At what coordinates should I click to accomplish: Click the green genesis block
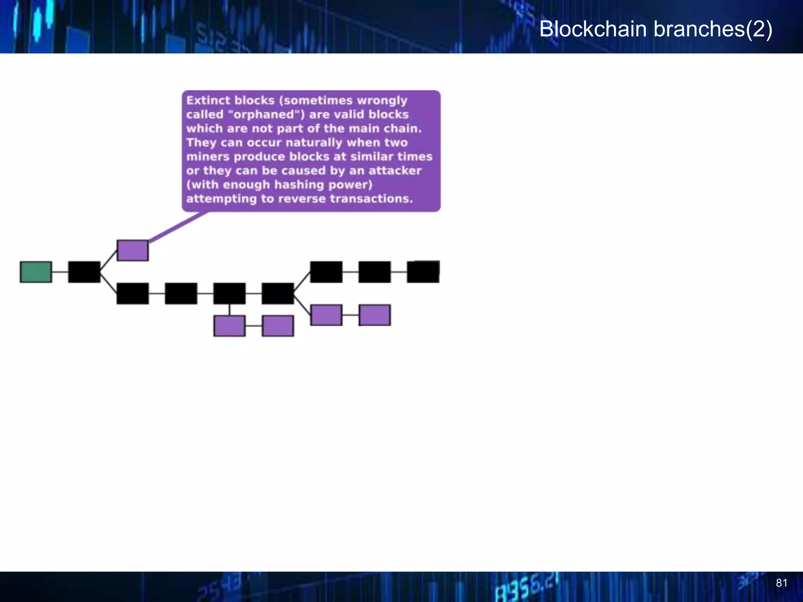[36, 272]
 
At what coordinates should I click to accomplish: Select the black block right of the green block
[84, 272]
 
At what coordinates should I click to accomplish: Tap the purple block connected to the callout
[133, 250]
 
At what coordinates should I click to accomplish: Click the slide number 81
[781, 583]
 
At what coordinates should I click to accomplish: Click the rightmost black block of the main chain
[423, 272]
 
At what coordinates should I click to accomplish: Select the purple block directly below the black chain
[229, 326]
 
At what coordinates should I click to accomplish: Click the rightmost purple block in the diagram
[375, 315]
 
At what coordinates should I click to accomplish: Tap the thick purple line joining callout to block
[178, 227]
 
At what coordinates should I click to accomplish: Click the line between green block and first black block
[60, 272]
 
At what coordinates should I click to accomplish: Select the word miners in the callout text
[207, 157]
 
